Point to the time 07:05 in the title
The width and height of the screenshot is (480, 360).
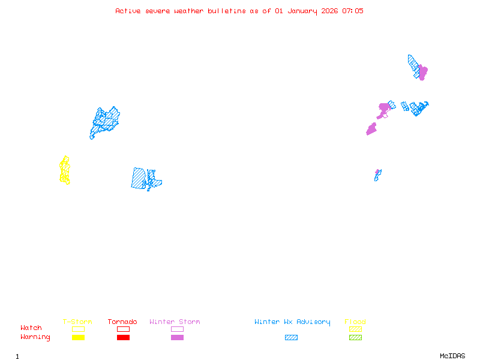coord(353,11)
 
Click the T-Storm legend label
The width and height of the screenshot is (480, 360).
coord(77,322)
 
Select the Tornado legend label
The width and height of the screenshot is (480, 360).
coord(122,322)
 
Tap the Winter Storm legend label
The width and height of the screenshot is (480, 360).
coord(175,322)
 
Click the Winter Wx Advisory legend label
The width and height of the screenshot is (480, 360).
coord(292,322)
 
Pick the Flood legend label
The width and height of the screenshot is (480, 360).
coord(355,322)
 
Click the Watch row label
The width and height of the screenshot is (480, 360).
coord(31,328)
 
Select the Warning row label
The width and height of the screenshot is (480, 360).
coord(35,337)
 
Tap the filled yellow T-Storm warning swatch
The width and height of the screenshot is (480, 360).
coord(78,338)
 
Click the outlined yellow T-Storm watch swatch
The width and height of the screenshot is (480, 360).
coord(78,329)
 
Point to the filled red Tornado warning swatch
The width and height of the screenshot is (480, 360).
coord(123,338)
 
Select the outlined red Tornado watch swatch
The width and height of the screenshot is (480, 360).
coord(123,329)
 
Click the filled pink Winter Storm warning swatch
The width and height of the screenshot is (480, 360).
coord(177,338)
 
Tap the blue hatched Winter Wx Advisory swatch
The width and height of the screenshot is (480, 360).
coord(291,338)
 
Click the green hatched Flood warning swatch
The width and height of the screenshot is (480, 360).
coord(355,338)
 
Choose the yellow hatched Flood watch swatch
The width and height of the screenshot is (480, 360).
coord(355,329)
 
